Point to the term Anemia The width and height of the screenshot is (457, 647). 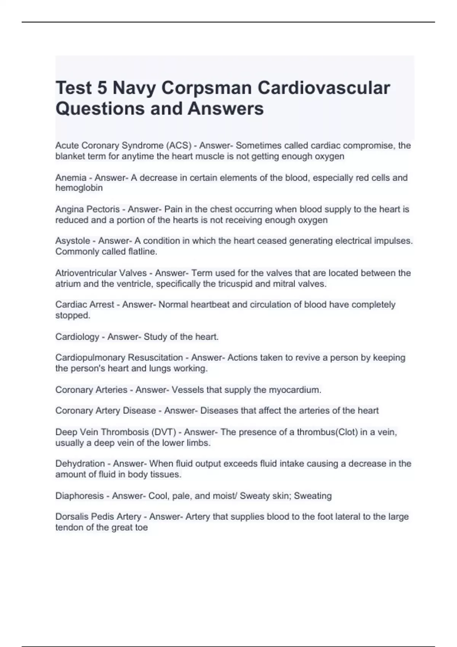[x=71, y=178]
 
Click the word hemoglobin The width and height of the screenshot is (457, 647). [x=79, y=188]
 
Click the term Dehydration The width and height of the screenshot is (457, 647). [x=80, y=464]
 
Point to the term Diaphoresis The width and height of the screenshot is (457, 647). [x=79, y=496]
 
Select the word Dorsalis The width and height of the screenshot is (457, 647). [x=72, y=517]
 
